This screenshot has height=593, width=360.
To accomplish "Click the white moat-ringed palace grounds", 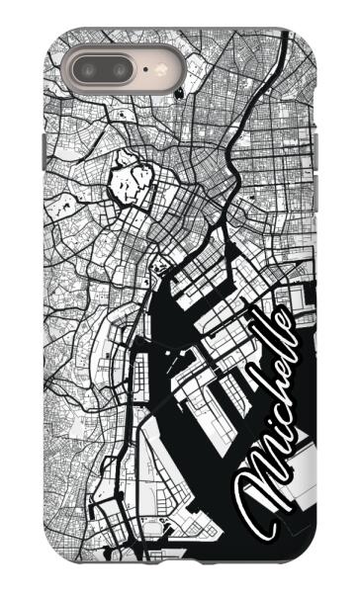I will point(133,184).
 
